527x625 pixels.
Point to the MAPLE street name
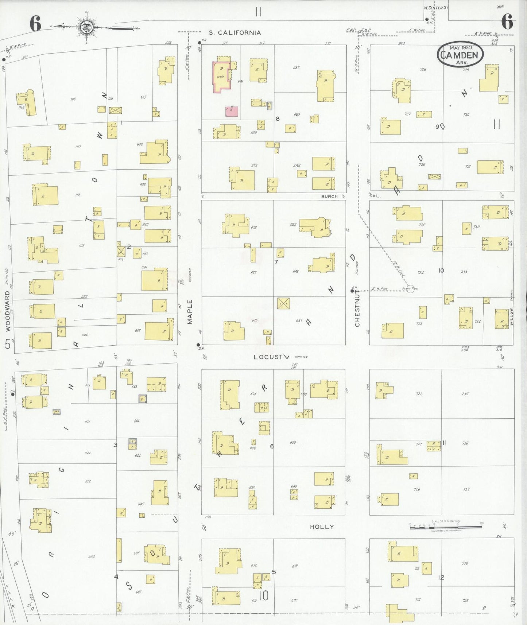tap(190, 312)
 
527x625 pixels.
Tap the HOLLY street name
tap(322, 527)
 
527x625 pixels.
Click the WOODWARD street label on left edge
tap(8, 311)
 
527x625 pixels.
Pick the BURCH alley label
tap(329, 197)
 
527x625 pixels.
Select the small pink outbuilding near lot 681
tap(232, 111)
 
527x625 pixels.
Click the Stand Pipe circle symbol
tap(411, 289)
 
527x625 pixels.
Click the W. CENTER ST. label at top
tap(436, 8)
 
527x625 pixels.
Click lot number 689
tap(293, 442)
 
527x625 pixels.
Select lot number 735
tap(465, 394)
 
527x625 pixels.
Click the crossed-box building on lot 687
tap(283, 303)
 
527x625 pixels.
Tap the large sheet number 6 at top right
tap(507, 23)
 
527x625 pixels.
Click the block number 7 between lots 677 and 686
tap(276, 261)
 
